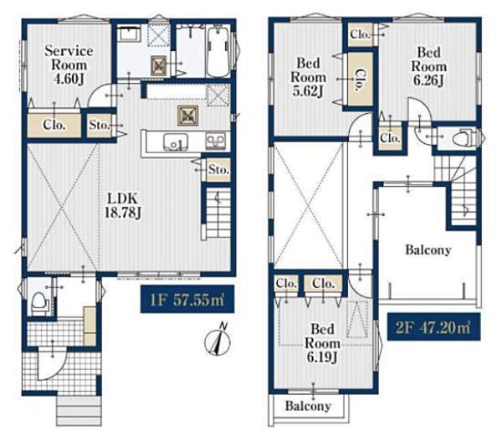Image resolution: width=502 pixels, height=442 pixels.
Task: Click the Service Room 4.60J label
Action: point(69,64)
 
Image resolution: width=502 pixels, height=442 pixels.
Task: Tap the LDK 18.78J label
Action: point(123,206)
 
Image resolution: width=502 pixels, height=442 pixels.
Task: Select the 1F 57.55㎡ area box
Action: point(187,299)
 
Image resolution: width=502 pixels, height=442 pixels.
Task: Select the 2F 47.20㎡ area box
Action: point(433,327)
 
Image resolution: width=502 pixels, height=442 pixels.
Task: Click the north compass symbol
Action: point(218,342)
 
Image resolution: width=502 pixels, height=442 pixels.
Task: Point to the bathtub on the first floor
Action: point(218,53)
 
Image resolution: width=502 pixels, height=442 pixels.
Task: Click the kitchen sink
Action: point(176,141)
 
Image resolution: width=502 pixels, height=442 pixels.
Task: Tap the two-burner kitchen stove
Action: point(216,141)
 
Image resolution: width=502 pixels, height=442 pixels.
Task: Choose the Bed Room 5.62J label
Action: point(308,77)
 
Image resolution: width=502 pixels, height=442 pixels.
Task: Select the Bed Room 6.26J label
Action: point(429,66)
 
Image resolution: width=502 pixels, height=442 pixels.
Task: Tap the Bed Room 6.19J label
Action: point(322,343)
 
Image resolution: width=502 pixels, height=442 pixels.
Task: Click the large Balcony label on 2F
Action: point(428,249)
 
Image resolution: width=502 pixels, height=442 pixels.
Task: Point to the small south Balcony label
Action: point(308,406)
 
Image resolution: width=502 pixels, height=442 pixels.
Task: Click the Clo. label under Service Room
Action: point(54,125)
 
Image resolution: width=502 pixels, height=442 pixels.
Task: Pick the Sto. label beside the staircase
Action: point(218,169)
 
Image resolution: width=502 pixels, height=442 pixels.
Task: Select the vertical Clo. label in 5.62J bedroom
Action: point(361,80)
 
